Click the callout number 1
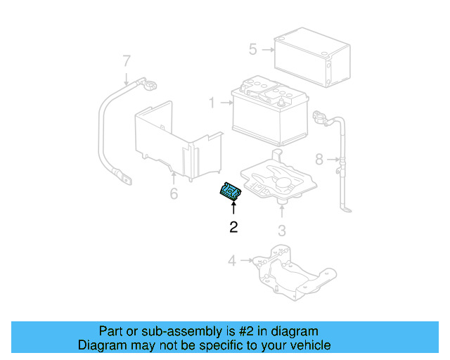coord(211,103)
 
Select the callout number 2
coord(233,226)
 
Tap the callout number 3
coord(281,230)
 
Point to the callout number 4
coord(232,262)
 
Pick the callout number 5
coord(253,49)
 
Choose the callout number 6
coord(174,193)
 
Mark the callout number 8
coord(319,160)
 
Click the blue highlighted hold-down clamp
coord(231,191)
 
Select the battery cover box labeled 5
coord(311,58)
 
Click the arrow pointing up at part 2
coord(233,209)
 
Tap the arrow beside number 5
coord(266,50)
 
